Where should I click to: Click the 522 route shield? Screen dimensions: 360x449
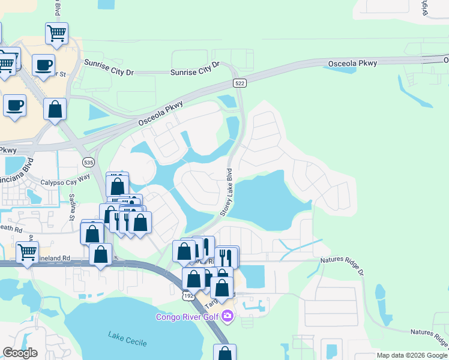tap(239, 83)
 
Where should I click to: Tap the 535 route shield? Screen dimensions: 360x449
tap(88, 162)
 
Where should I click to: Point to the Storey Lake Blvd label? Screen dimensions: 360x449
tap(227, 192)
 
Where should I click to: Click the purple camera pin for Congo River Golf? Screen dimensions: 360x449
tap(227, 316)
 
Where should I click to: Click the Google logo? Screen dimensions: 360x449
tap(20, 353)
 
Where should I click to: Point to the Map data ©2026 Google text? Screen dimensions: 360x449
tap(412, 355)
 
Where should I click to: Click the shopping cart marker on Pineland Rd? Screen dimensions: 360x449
tap(28, 252)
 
